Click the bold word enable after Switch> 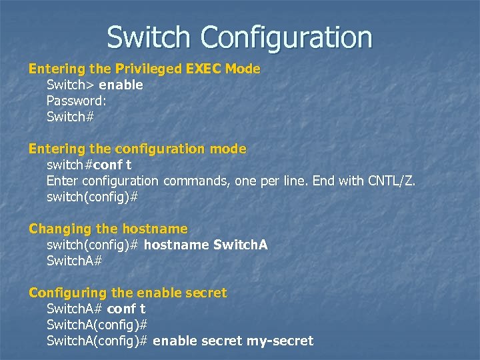coord(121,85)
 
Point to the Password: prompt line coord(76,101)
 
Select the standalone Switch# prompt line coord(70,117)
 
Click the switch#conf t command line coord(89,165)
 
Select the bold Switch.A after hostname coord(240,245)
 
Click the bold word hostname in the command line coord(176,245)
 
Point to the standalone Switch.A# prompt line coord(74,261)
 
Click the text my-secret coord(280,341)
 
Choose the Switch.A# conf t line coord(96,309)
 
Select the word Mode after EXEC coord(243,69)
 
